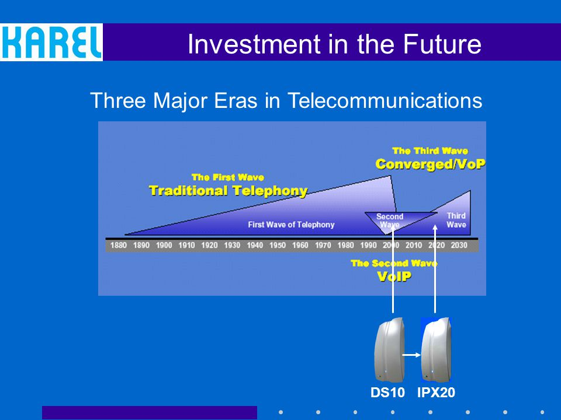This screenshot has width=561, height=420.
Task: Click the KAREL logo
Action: coord(51,42)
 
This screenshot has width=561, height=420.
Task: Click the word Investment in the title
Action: coord(254,44)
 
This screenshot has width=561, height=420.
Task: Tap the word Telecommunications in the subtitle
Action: coord(385,100)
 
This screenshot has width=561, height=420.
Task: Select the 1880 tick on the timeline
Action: coord(119,246)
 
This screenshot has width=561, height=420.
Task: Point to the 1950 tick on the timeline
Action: coord(277,246)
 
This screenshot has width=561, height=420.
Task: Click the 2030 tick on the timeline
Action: coord(459,246)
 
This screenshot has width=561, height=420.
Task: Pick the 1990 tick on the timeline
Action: coord(368,246)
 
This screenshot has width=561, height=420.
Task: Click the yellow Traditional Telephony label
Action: coord(228,191)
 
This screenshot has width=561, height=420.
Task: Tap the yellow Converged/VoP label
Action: coord(431,164)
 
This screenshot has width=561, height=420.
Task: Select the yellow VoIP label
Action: coord(394,276)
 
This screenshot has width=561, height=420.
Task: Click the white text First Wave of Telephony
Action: coord(291,225)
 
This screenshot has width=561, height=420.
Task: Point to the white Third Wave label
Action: coord(456,220)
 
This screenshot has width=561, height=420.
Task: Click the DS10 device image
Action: coord(389,349)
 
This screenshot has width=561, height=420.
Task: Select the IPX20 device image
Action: coord(436,349)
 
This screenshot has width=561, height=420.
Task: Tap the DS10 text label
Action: coord(387,393)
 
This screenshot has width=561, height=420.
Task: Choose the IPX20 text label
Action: coord(436,393)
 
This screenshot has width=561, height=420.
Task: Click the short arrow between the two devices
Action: coord(411,355)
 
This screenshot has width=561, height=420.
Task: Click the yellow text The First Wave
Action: coord(228,177)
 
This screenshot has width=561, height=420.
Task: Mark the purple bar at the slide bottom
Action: coord(150,412)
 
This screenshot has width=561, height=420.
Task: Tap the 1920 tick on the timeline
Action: coord(209,246)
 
